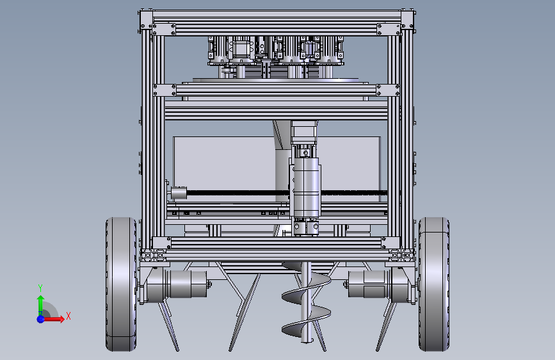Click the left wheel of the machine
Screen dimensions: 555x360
(121, 284)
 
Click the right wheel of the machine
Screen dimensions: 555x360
(434, 284)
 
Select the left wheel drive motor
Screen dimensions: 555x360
(176, 284)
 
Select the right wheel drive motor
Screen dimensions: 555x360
(379, 284)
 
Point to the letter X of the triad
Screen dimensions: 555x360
(68, 316)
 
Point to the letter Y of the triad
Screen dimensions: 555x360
(40, 288)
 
